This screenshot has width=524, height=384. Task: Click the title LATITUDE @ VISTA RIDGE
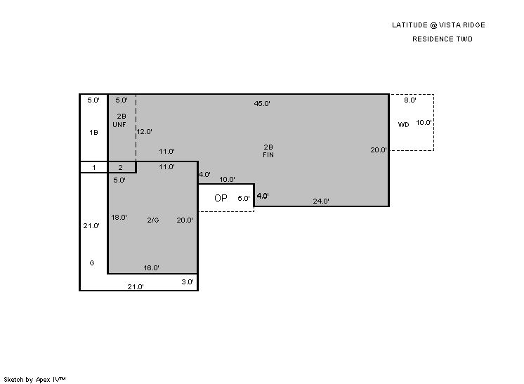[438, 25]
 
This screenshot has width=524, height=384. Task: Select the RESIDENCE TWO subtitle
[442, 39]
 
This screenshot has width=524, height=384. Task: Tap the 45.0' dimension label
[262, 103]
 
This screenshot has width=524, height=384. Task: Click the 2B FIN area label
[268, 151]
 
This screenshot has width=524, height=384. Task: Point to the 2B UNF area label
[119, 121]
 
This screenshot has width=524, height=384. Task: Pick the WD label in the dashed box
[403, 124]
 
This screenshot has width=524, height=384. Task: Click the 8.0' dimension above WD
[410, 100]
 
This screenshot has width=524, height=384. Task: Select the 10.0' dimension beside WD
[424, 123]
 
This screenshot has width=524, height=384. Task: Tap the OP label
[221, 198]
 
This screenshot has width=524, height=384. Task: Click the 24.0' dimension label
[321, 201]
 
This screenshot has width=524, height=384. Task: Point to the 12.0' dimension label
[145, 131]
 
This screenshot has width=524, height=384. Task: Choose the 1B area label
[93, 133]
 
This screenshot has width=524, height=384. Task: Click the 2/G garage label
[153, 220]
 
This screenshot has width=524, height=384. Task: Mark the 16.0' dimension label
[152, 267]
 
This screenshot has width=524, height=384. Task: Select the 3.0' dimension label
[188, 282]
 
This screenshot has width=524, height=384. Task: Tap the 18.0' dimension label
[119, 218]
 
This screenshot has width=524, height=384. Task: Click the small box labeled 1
[93, 167]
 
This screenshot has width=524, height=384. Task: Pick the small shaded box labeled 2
[122, 167]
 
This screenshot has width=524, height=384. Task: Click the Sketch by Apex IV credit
[34, 380]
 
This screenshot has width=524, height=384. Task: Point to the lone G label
[92, 263]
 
